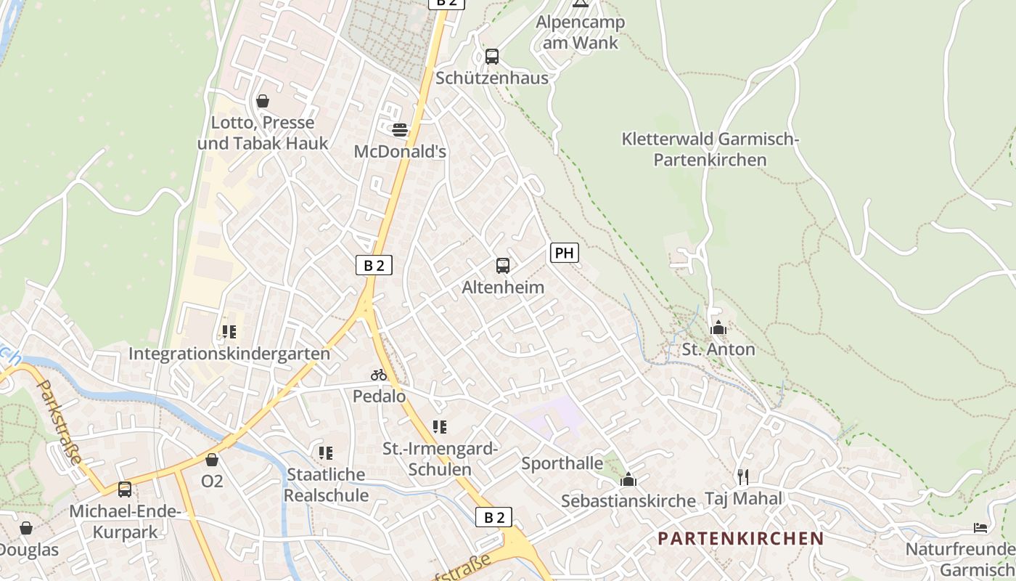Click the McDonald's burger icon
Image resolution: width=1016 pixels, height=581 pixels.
coord(400,130)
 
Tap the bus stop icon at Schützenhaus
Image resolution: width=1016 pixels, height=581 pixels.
coord(492,57)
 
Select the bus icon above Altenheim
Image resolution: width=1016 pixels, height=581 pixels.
coord(503,266)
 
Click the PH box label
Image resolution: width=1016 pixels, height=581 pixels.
coord(565,253)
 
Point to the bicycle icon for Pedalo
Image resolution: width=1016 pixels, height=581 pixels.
coord(379,375)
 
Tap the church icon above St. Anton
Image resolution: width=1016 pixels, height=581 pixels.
coord(718,328)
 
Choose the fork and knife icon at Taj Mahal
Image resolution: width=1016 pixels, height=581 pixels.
coord(742,476)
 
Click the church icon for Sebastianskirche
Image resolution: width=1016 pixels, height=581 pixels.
coord(628,479)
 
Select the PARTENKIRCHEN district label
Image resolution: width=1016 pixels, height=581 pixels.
coord(741,539)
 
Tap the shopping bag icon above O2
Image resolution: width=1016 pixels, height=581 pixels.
coord(212,460)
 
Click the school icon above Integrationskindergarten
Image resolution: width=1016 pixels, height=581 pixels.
coord(229,332)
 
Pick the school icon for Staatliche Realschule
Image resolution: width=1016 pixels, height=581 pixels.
coord(326,453)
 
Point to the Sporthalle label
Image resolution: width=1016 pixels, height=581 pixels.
coord(562,463)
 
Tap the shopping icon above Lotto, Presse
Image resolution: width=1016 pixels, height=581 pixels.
coord(263,101)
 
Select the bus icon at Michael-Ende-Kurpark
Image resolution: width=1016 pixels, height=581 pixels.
coord(125,489)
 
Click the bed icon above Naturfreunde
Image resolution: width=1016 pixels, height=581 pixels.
coord(980,527)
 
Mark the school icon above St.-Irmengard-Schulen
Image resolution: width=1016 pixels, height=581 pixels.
coord(440,427)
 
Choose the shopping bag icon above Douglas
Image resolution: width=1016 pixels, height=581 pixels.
coord(26,528)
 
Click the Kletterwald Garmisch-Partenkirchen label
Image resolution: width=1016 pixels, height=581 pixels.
coord(710,149)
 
